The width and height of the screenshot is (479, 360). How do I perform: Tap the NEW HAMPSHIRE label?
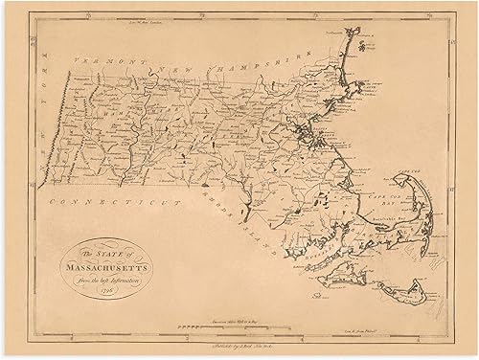coord(207,61)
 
